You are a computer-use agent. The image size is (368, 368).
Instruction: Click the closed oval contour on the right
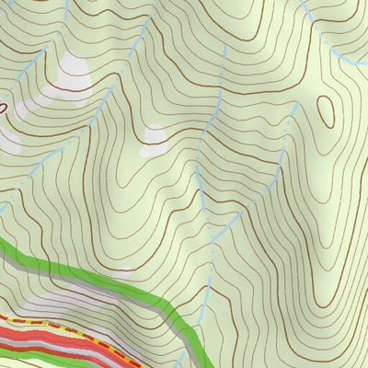[326, 112]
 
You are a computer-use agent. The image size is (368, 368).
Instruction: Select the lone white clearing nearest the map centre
[155, 135]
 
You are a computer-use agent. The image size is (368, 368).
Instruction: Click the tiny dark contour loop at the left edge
[3, 108]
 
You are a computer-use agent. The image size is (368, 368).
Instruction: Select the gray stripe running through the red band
[55, 341]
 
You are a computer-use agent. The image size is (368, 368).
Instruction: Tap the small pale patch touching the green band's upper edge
[123, 273]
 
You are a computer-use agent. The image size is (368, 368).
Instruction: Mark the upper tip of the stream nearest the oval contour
[294, 104]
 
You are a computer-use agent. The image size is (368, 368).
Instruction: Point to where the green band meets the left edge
[3, 243]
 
